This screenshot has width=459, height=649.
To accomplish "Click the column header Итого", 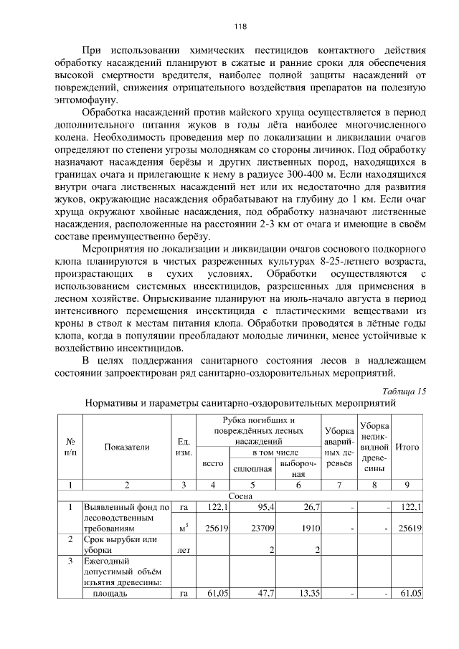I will point(407,447).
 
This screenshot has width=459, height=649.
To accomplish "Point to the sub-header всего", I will point(213,463).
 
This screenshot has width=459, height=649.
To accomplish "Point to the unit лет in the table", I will point(184,550).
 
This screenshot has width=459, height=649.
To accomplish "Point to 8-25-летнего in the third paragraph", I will point(344,260).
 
